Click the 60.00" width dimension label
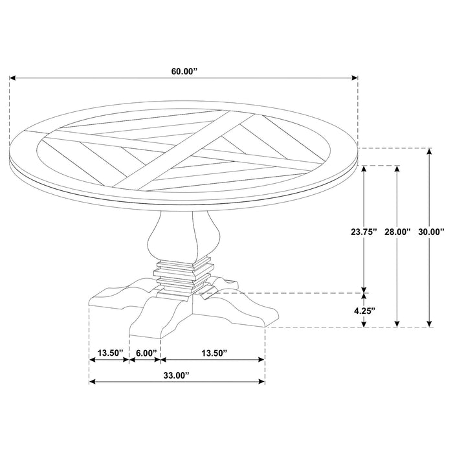point(184,72)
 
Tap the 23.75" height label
point(363,232)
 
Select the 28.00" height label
point(397,232)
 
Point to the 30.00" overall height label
point(432,232)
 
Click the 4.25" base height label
point(364,310)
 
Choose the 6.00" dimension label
point(144,353)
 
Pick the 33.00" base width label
point(177,375)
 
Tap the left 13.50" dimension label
point(109,353)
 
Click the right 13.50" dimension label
point(213,353)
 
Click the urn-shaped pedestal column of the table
point(173,236)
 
